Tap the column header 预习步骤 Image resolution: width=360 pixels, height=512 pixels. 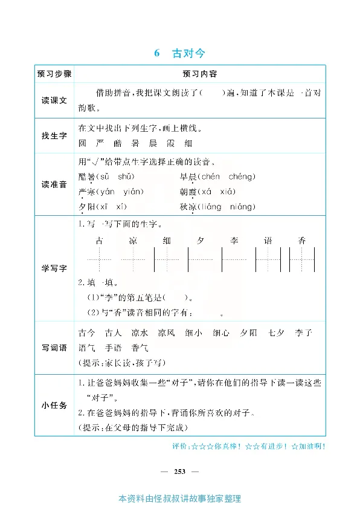[x=54, y=74]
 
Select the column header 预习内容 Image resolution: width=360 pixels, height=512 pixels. [x=199, y=74]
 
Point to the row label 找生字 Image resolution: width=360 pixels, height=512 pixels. [x=54, y=136]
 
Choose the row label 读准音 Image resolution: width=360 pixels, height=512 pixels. [x=54, y=184]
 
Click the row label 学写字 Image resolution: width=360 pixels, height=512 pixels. [x=54, y=268]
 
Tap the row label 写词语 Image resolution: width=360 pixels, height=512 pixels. [x=54, y=348]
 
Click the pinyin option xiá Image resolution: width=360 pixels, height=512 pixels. [x=226, y=192]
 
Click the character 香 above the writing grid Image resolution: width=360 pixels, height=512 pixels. [x=302, y=241]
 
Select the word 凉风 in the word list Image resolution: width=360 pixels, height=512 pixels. [x=166, y=333]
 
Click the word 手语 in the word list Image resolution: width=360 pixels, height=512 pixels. [x=114, y=348]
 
